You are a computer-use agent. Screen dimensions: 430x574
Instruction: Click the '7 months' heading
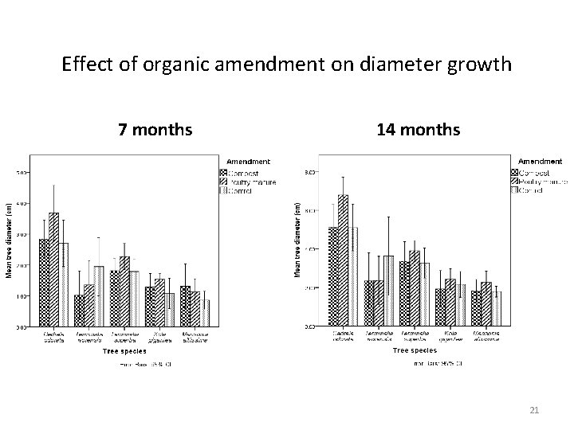coord(155,128)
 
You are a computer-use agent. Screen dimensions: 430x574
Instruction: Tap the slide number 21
coord(535,410)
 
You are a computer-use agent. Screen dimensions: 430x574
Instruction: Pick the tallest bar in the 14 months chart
coord(343,260)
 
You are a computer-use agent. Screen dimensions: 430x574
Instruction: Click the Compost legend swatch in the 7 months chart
coord(223,172)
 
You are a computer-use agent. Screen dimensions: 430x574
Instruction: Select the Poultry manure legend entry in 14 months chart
coord(542,182)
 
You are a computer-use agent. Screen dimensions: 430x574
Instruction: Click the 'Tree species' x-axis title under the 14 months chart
coord(415,350)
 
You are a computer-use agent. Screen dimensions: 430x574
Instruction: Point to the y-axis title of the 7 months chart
coord(10,239)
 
